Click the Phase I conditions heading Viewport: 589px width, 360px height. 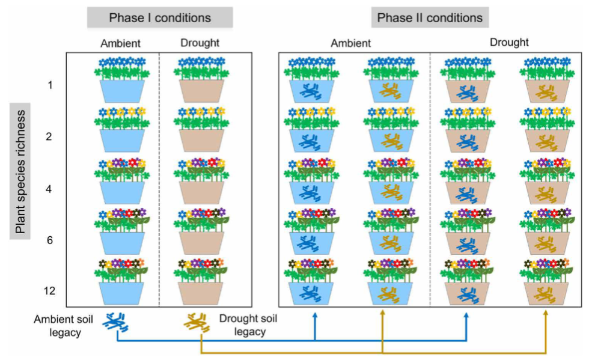[x=159, y=17]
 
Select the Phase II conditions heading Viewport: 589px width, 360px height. [x=429, y=17]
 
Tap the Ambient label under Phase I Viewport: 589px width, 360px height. [x=120, y=43]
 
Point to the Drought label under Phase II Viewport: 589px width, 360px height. [x=509, y=43]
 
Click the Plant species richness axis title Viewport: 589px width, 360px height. [x=20, y=171]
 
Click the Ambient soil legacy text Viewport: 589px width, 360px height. [x=63, y=326]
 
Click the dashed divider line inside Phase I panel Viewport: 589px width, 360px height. [x=159, y=180]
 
